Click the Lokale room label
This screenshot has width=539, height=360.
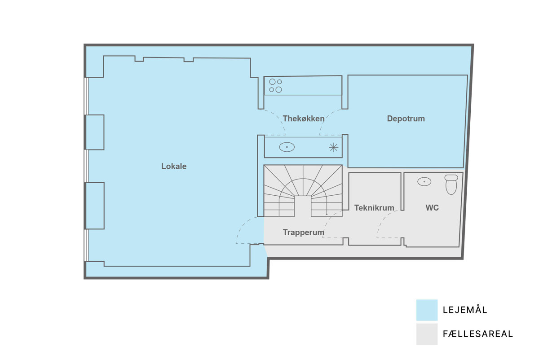pos(174,166)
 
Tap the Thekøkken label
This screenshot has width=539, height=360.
pos(304,119)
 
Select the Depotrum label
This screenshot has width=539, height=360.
pos(406,119)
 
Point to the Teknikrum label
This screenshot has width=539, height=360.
pos(374,207)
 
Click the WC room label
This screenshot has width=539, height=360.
pos(432,207)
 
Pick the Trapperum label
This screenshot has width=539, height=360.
pos(304,233)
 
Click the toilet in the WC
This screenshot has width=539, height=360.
pos(451,184)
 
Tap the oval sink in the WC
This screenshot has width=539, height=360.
pos(424,181)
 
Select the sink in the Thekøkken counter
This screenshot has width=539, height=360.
pos(287,147)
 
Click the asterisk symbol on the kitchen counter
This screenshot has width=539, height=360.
pos(333,147)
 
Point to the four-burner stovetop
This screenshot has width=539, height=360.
pos(275,86)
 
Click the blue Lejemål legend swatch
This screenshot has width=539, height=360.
pos(427,310)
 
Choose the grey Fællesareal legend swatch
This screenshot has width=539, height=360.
pos(427,334)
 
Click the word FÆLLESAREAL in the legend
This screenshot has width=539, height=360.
pos(478,334)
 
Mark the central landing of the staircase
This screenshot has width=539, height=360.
pos(303,206)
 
